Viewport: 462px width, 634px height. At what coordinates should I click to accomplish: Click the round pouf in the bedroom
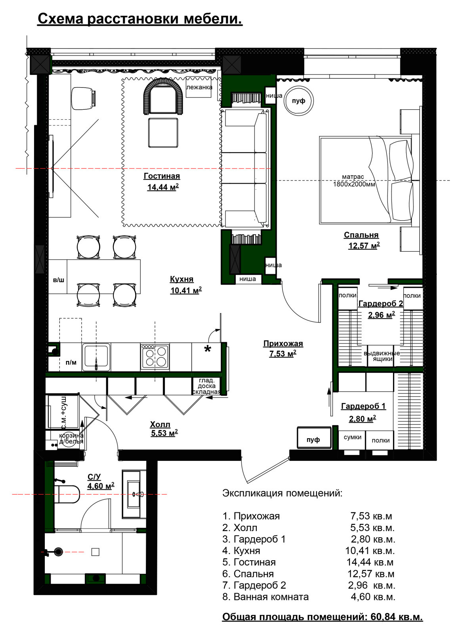click(x=299, y=101)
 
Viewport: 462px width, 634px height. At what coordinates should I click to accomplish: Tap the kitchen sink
click(x=96, y=357)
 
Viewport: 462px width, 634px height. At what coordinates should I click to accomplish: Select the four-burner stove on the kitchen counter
click(x=155, y=357)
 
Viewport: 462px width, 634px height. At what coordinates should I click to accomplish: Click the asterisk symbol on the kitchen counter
click(x=208, y=349)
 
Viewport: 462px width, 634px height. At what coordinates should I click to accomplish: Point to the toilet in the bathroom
click(x=67, y=494)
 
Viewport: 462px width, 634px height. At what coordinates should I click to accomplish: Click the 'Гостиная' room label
click(x=162, y=176)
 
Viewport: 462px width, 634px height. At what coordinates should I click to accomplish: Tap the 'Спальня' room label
click(x=361, y=235)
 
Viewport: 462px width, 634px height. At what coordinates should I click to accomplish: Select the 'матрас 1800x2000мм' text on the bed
click(x=354, y=181)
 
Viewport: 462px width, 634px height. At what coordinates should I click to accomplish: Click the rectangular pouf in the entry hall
click(x=314, y=437)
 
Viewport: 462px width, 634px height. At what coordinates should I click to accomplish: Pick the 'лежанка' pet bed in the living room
click(x=199, y=87)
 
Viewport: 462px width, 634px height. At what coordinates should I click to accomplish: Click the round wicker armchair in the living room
click(x=163, y=96)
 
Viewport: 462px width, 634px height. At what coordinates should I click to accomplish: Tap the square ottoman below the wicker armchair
click(x=163, y=133)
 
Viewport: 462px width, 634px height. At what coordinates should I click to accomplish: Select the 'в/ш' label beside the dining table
click(x=59, y=280)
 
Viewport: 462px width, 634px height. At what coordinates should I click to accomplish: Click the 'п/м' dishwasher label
click(x=71, y=362)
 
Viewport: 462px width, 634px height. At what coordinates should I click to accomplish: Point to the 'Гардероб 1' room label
click(x=363, y=406)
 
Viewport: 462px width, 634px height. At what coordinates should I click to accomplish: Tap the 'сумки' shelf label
click(x=353, y=437)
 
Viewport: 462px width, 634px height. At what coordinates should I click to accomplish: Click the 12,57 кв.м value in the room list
click(x=371, y=574)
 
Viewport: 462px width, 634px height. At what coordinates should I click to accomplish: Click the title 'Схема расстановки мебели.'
click(x=140, y=19)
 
